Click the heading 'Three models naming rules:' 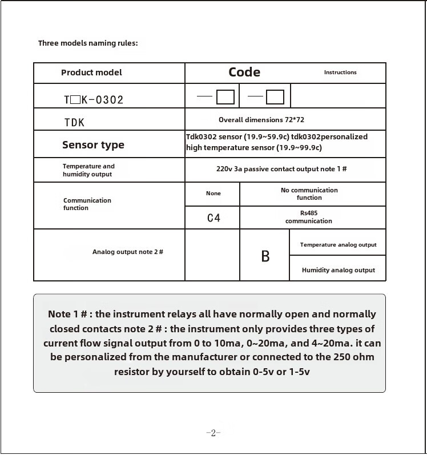point(88,43)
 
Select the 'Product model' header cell point(91,73)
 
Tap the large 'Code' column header point(244,72)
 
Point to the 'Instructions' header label point(340,73)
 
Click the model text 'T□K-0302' point(94,100)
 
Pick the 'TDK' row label point(74,122)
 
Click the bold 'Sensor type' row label point(93,145)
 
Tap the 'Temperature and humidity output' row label point(88,170)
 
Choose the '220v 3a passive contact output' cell point(281,170)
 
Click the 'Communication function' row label point(87,204)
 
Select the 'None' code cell point(213,194)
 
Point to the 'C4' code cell point(213,218)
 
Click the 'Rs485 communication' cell point(309,218)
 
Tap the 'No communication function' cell point(309,194)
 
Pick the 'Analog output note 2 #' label point(128,252)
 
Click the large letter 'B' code point(265,257)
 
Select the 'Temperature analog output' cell point(339,245)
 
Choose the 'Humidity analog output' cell point(339,270)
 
